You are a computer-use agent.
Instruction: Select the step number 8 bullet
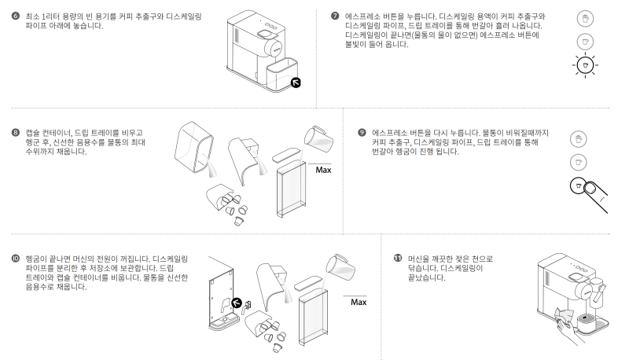(16, 132)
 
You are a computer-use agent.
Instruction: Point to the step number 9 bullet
(362, 132)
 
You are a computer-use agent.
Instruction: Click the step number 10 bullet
(16, 258)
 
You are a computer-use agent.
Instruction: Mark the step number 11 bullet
(397, 258)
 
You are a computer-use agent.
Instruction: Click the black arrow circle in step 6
(295, 82)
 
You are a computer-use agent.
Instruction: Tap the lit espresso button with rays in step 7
(583, 67)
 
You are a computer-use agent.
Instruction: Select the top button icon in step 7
(583, 17)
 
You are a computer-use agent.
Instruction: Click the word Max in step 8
(323, 169)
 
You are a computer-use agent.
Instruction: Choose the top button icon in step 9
(579, 138)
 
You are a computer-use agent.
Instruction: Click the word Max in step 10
(359, 302)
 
